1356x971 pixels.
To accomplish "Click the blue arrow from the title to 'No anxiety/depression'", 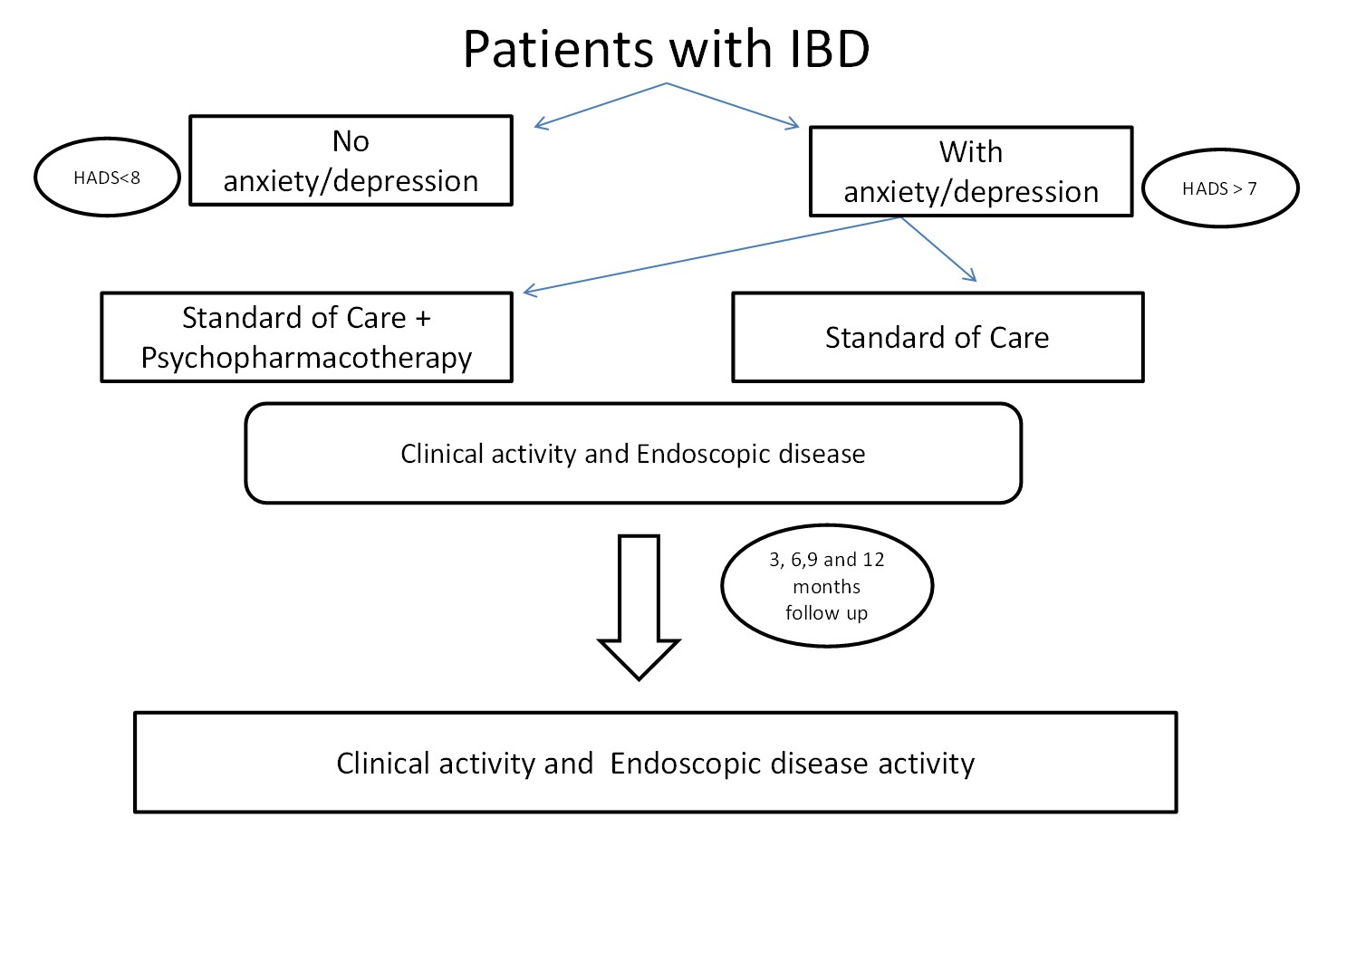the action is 600,105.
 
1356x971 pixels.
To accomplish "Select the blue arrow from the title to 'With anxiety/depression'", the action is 733,105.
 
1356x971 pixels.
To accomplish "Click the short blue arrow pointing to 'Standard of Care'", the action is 939,249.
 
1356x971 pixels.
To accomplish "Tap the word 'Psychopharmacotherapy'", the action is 306,358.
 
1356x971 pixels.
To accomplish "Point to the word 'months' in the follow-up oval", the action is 826,587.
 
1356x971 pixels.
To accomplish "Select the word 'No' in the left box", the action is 351,141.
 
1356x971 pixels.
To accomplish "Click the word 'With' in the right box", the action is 971,152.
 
